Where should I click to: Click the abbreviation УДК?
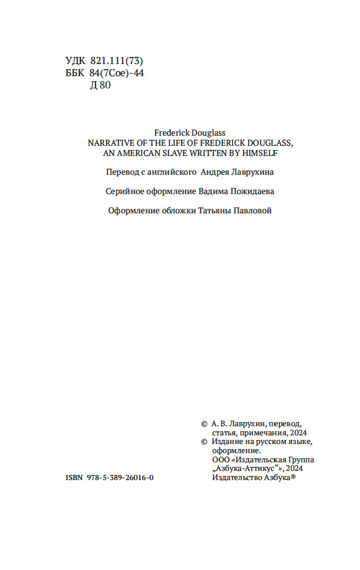[76, 61]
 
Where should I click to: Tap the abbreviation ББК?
[75, 73]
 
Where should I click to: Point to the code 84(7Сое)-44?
[117, 73]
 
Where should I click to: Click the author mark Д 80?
[101, 85]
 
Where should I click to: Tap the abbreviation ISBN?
[75, 479]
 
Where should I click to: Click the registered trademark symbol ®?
[293, 477]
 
